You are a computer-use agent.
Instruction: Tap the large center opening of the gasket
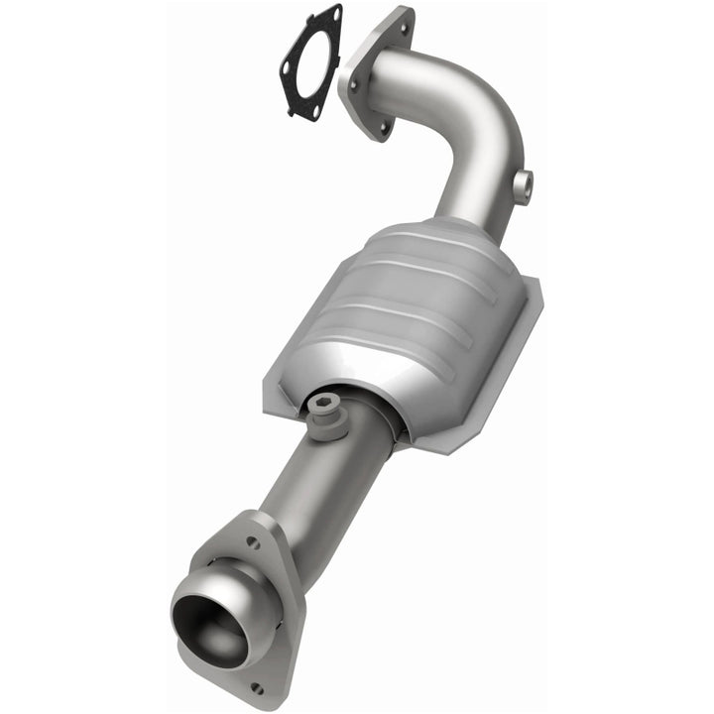(310, 61)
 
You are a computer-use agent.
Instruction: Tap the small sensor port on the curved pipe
(523, 184)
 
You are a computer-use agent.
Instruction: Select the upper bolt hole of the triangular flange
(254, 542)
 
